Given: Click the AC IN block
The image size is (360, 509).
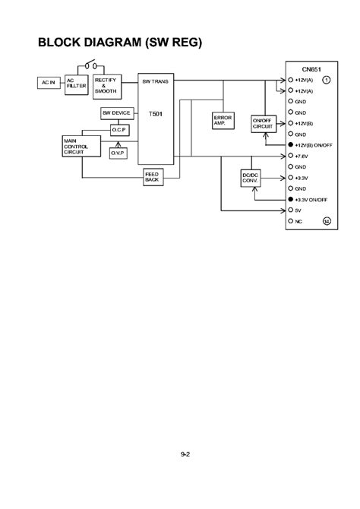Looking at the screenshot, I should [x=47, y=82].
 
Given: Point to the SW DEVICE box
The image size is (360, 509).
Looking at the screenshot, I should [x=117, y=113].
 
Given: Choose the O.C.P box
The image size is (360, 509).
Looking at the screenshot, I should [x=118, y=130].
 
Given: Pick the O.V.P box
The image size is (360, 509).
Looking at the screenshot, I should [x=118, y=153].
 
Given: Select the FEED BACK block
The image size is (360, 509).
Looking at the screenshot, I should [x=151, y=176].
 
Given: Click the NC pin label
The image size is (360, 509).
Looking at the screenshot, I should [x=300, y=221].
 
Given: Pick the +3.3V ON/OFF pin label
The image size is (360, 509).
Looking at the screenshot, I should [x=311, y=199].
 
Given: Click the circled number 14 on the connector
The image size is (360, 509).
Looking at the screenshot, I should [x=327, y=221].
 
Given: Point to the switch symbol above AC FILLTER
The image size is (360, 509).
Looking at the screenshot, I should [x=92, y=64].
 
